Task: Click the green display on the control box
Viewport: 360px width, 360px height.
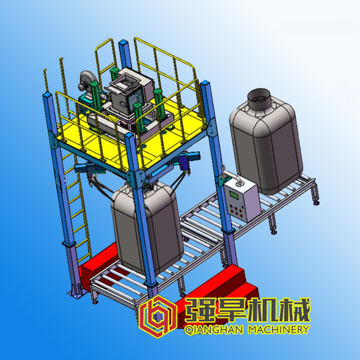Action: [x=234, y=195]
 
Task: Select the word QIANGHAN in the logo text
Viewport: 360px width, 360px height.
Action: [x=213, y=330]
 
